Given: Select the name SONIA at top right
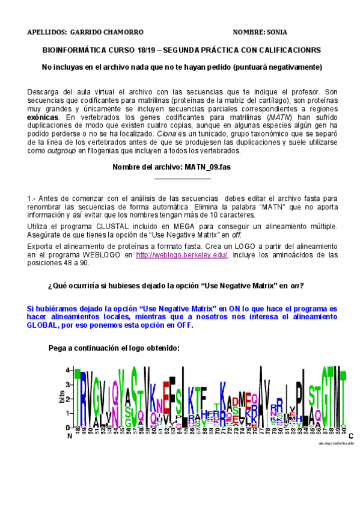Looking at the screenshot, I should click(x=276, y=32).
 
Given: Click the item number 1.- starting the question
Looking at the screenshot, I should click(x=32, y=198).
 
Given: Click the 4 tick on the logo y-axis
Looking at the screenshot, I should click(x=69, y=370).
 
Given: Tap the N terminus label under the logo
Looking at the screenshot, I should click(x=69, y=435).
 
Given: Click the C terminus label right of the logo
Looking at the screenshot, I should click(x=350, y=435).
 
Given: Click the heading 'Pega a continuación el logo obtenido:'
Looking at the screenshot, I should click(x=113, y=348).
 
